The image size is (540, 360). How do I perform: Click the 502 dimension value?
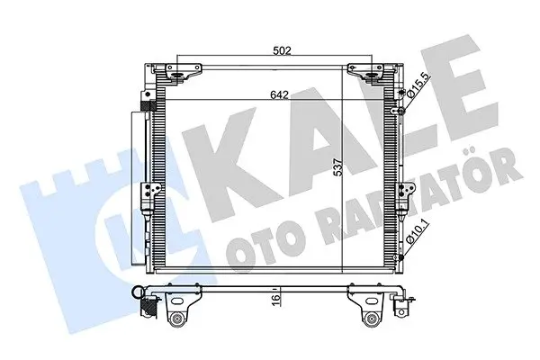click(x=282, y=50)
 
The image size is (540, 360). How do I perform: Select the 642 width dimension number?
click(x=279, y=94)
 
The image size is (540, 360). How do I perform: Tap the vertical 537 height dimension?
click(x=339, y=167)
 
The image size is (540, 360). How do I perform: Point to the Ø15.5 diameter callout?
click(x=418, y=85)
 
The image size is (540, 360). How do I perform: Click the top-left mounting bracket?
click(x=182, y=72)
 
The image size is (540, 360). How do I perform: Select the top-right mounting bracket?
click(x=366, y=72)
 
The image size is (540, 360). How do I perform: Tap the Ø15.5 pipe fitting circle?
click(x=400, y=111)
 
